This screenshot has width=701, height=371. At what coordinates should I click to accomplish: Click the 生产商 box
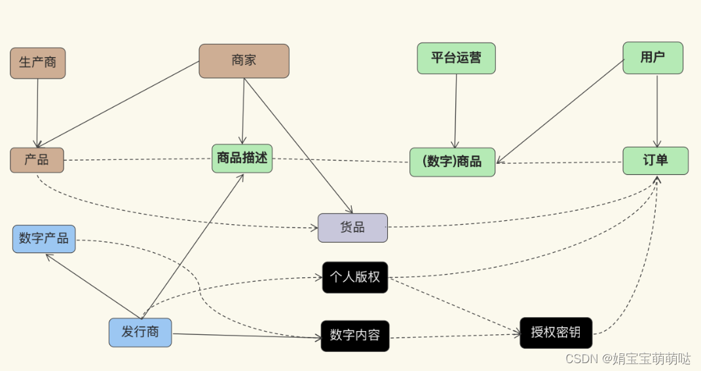pos(37,63)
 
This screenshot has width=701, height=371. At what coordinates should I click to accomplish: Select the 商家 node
pos(244,61)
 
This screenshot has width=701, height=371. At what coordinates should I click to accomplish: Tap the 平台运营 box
pos(456,58)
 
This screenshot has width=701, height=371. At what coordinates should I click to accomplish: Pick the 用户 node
pos(653,58)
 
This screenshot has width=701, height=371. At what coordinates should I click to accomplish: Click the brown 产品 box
pos(37,160)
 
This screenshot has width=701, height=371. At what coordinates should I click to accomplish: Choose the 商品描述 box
pos(242,158)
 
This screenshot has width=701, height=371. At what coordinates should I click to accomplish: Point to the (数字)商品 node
pos(452,162)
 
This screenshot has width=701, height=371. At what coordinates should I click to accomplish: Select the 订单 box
pos(655,161)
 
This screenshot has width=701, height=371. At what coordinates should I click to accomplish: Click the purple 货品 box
pos(352,227)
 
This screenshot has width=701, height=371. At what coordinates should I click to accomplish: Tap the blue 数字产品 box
pos(44,239)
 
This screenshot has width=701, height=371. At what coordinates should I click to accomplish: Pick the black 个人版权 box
pos(355,277)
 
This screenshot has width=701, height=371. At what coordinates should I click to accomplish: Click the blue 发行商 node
pos(140,332)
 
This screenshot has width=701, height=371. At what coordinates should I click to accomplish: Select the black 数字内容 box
pos(355,336)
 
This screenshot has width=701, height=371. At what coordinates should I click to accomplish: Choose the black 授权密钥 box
pos(556,332)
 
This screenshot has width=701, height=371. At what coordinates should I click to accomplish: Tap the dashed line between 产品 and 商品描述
pos(138,159)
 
